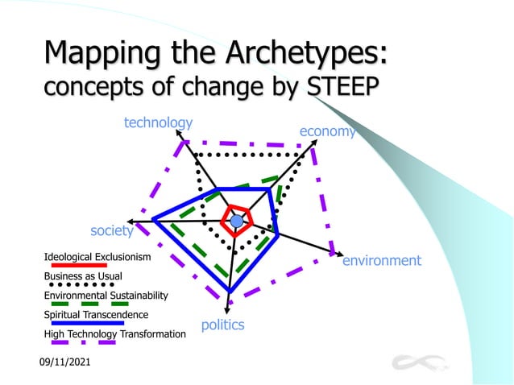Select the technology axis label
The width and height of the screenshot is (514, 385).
pyautogui.click(x=158, y=122)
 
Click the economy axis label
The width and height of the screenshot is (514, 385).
pyautogui.click(x=327, y=131)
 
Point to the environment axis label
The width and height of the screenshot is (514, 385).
pyautogui.click(x=382, y=260)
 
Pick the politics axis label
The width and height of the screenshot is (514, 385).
pyautogui.click(x=222, y=325)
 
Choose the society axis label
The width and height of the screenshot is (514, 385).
pyautogui.click(x=111, y=231)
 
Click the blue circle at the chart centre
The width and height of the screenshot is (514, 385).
pyautogui.click(x=236, y=221)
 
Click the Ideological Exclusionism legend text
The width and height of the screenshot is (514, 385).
pyautogui.click(x=97, y=257)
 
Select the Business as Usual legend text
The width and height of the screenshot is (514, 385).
pyautogui.click(x=83, y=276)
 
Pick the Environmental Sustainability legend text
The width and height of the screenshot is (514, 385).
pyautogui.click(x=106, y=296)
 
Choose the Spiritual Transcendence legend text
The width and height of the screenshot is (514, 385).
pyautogui.click(x=96, y=314)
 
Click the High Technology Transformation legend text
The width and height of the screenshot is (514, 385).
pyautogui.click(x=114, y=333)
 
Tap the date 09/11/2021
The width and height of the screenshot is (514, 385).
pyautogui.click(x=65, y=364)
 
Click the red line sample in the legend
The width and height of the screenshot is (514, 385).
pyautogui.click(x=79, y=265)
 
